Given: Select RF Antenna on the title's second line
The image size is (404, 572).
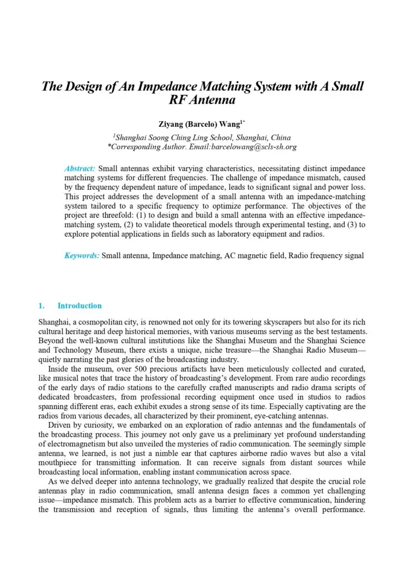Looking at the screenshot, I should tap(202, 101).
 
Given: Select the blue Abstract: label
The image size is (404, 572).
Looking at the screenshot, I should tap(80, 168).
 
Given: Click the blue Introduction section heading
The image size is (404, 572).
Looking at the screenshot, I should tap(80, 306).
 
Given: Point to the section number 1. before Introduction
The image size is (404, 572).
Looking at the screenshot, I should tap(41, 306).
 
